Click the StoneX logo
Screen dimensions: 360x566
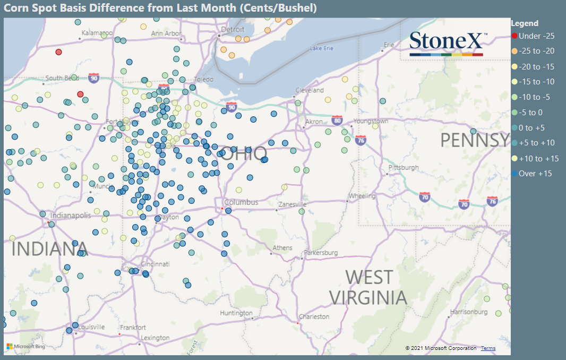(446, 42)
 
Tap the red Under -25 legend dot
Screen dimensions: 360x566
(514, 36)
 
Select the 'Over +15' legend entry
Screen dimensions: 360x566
(535, 174)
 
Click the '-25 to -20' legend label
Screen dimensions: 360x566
(536, 51)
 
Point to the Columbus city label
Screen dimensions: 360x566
(241, 202)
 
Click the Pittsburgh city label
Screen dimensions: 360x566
(404, 167)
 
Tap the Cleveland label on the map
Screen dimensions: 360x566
(310, 90)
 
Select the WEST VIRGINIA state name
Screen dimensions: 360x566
(368, 287)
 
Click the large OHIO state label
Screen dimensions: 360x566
(244, 154)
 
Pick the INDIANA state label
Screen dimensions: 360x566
(49, 248)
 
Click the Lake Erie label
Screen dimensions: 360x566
(321, 48)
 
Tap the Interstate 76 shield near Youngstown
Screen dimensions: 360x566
(361, 140)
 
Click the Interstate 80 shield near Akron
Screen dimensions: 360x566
(337, 121)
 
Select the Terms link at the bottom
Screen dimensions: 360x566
(488, 348)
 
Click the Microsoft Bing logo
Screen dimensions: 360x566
(25, 347)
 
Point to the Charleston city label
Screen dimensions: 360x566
(314, 316)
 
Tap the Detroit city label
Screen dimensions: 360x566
(233, 30)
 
